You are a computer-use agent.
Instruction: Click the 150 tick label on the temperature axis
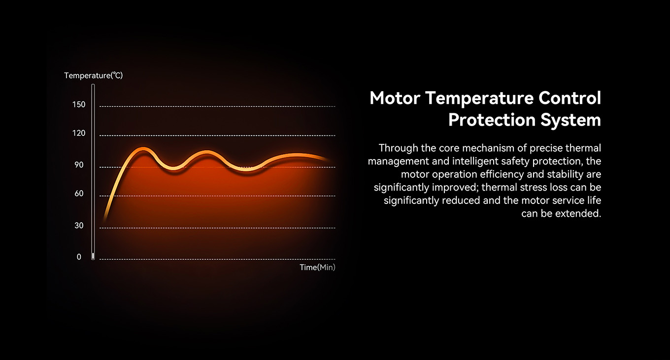pos(79,104)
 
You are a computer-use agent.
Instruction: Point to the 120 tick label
pos(79,133)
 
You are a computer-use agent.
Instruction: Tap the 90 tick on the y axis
pos(79,165)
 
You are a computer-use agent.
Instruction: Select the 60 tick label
pos(79,194)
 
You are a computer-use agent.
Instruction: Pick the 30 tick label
pos(79,226)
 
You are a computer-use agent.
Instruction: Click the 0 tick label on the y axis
pos(79,257)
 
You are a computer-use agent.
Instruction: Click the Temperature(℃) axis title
pos(93,76)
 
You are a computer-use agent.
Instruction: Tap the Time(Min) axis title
pos(317,267)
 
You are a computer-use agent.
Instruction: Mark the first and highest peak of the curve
pos(143,149)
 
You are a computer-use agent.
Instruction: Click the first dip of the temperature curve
pos(173,168)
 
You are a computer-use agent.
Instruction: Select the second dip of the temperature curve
pos(246,169)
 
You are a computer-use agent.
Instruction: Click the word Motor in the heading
pos(395,98)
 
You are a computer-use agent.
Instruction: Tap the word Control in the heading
pos(570,98)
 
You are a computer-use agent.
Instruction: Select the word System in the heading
pos(570,120)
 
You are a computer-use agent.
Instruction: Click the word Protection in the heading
pos(492,120)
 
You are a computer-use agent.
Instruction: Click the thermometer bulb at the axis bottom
pos(93,256)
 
